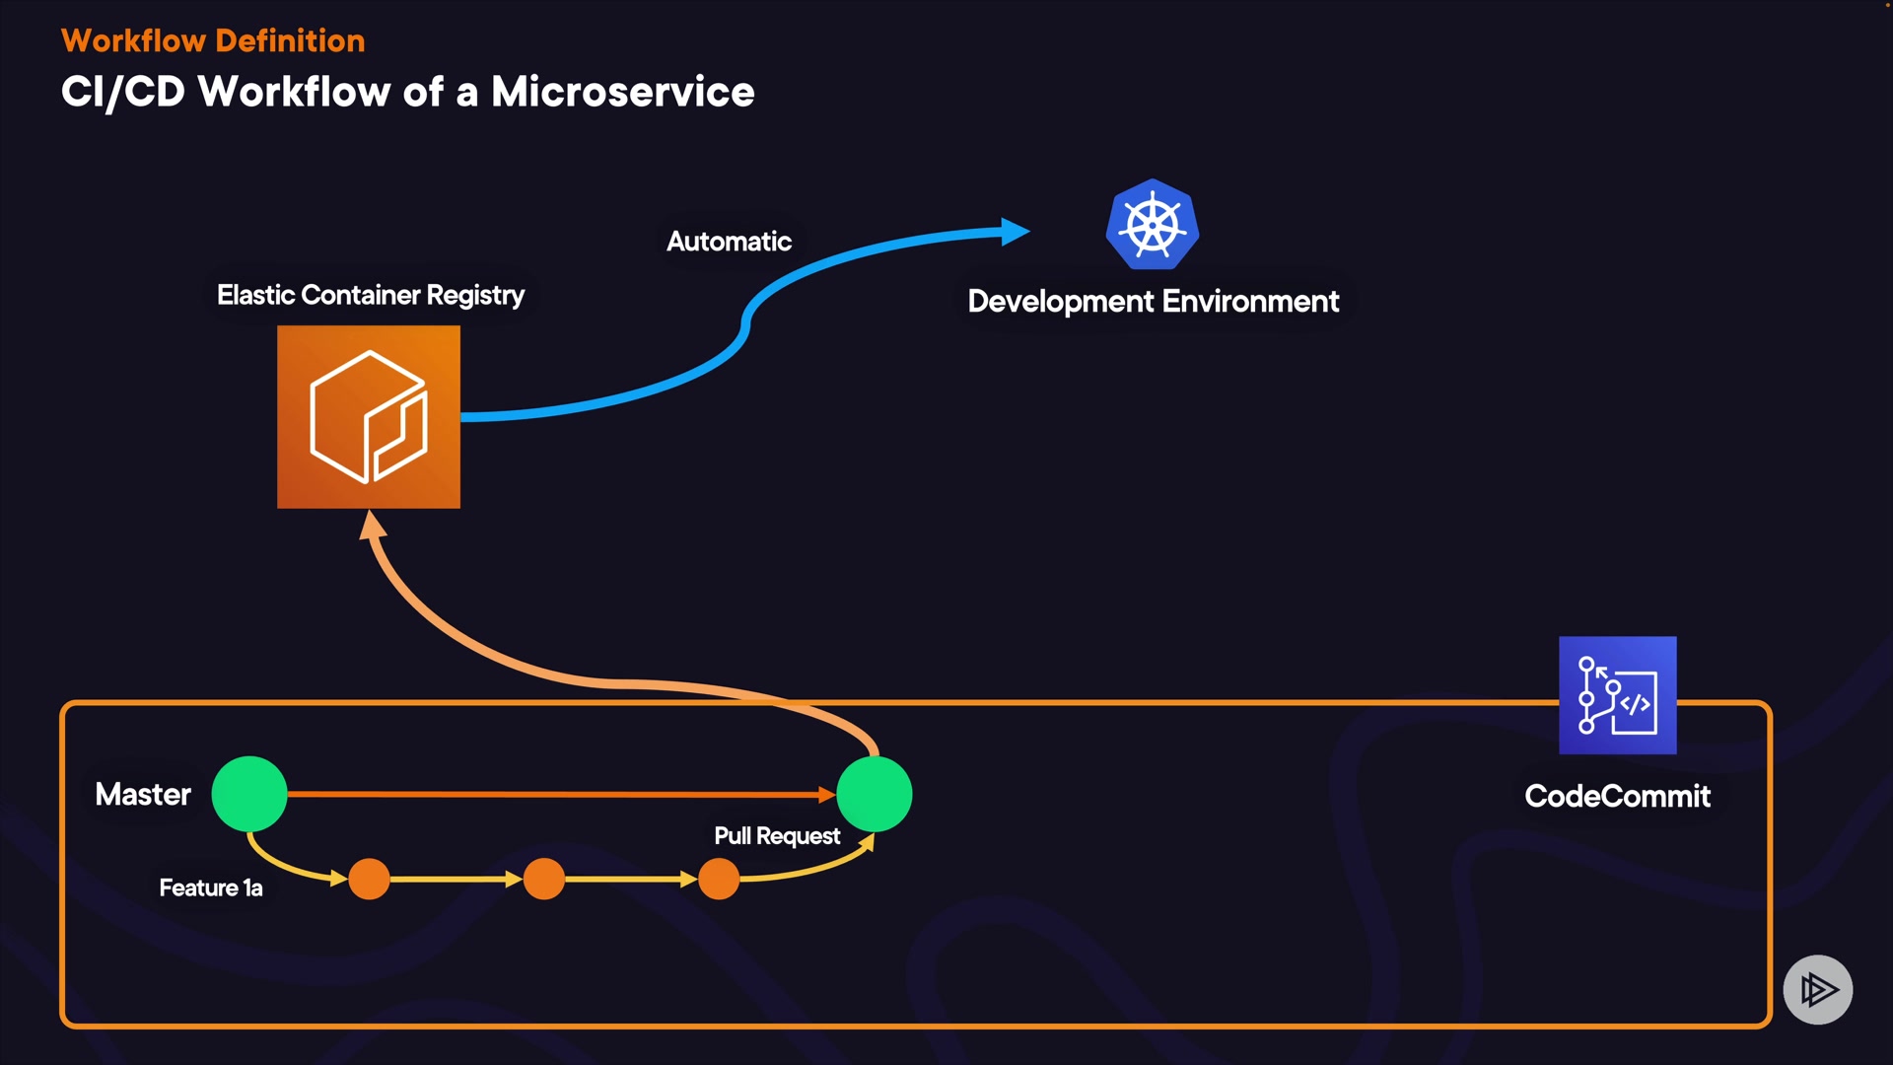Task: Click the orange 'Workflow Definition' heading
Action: (213, 40)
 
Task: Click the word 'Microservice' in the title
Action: (622, 92)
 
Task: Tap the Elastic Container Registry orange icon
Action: (369, 417)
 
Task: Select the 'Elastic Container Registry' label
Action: (371, 295)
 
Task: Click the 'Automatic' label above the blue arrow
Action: (729, 242)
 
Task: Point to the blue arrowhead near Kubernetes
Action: (1015, 232)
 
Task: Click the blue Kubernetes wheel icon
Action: (1152, 225)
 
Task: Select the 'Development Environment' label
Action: (1153, 301)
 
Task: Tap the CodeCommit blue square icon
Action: (1617, 695)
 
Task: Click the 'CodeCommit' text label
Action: (1617, 796)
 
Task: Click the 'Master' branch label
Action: (143, 794)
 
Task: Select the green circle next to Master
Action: (249, 794)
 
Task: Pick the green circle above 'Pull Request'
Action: (875, 794)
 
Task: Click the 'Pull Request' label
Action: (777, 836)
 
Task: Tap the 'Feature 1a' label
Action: (211, 887)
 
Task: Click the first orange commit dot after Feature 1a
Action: (370, 879)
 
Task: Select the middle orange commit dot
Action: (544, 879)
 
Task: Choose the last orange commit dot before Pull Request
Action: (719, 879)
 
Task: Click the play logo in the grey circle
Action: (1818, 989)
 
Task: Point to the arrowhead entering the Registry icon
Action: (372, 525)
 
